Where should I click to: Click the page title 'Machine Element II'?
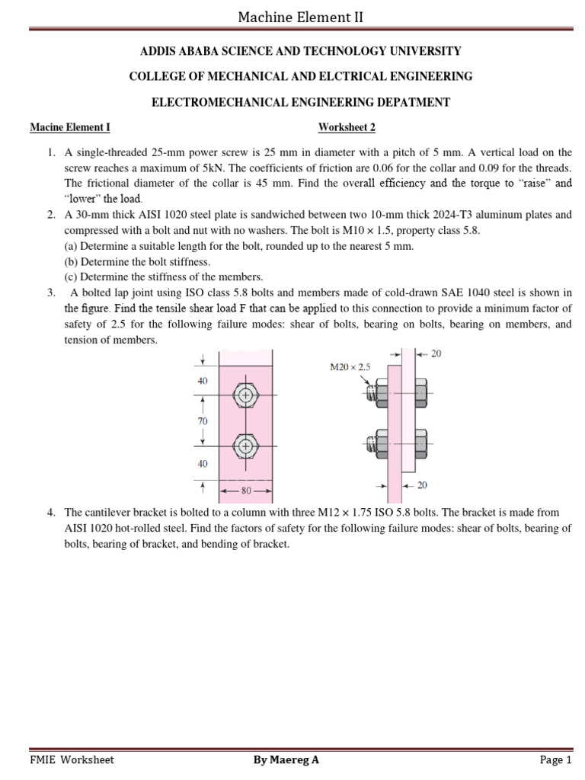pyautogui.click(x=300, y=16)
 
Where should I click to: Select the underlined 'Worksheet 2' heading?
pyautogui.click(x=347, y=127)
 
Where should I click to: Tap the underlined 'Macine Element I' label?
pyautogui.click(x=70, y=127)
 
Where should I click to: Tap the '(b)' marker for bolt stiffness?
pyautogui.click(x=71, y=262)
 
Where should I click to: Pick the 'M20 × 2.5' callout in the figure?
pyautogui.click(x=350, y=368)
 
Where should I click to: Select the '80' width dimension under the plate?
pyautogui.click(x=245, y=491)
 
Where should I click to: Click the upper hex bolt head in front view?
pyautogui.click(x=245, y=395)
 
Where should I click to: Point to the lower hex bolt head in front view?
pyautogui.click(x=245, y=446)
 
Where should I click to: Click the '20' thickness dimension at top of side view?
pyautogui.click(x=435, y=353)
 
